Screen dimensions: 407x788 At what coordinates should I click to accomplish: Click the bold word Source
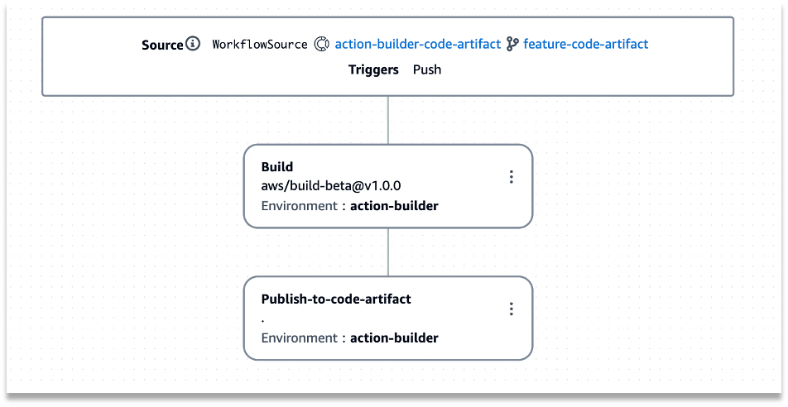coord(162,45)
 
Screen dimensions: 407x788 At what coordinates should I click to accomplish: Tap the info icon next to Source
coord(193,44)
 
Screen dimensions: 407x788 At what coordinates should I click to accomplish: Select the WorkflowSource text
coord(259,45)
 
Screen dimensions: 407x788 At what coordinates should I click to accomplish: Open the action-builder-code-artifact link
coord(417,45)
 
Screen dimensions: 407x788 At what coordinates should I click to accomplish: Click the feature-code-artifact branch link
coord(585,45)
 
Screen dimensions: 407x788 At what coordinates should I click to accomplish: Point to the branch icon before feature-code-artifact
coord(512,45)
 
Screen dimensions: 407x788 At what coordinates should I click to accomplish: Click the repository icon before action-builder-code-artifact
coord(322,45)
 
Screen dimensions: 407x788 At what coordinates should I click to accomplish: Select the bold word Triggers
coord(373,69)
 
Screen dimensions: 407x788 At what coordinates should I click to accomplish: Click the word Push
coord(427,69)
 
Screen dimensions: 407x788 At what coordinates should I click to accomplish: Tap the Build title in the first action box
coord(277,167)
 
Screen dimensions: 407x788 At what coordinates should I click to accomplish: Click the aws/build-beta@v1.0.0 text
coord(331,186)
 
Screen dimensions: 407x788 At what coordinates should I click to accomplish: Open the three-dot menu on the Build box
coord(512,177)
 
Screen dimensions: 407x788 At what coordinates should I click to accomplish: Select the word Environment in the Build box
coord(299,206)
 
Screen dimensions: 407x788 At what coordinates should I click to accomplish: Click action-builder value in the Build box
coord(394,206)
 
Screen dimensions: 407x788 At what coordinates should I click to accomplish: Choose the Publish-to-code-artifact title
coord(336,299)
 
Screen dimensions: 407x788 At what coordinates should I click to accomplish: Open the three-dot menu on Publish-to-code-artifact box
coord(512,309)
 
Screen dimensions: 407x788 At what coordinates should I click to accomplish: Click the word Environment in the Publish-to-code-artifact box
coord(299,338)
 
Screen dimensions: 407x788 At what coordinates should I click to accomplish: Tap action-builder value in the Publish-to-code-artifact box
coord(394,338)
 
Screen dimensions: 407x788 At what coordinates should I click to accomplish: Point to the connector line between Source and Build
coord(387,121)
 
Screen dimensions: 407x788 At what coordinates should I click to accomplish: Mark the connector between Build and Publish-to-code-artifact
coord(387,251)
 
